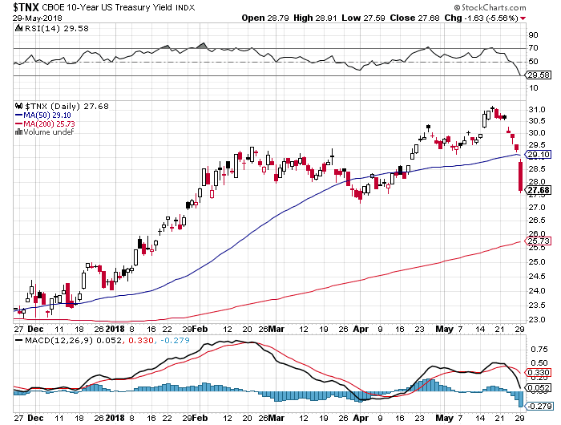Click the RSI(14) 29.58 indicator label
[x=47, y=29]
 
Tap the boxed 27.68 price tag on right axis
[x=535, y=190]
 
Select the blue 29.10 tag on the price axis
[x=535, y=154]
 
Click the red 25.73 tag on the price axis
[x=535, y=241]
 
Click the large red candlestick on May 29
[x=521, y=176]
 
